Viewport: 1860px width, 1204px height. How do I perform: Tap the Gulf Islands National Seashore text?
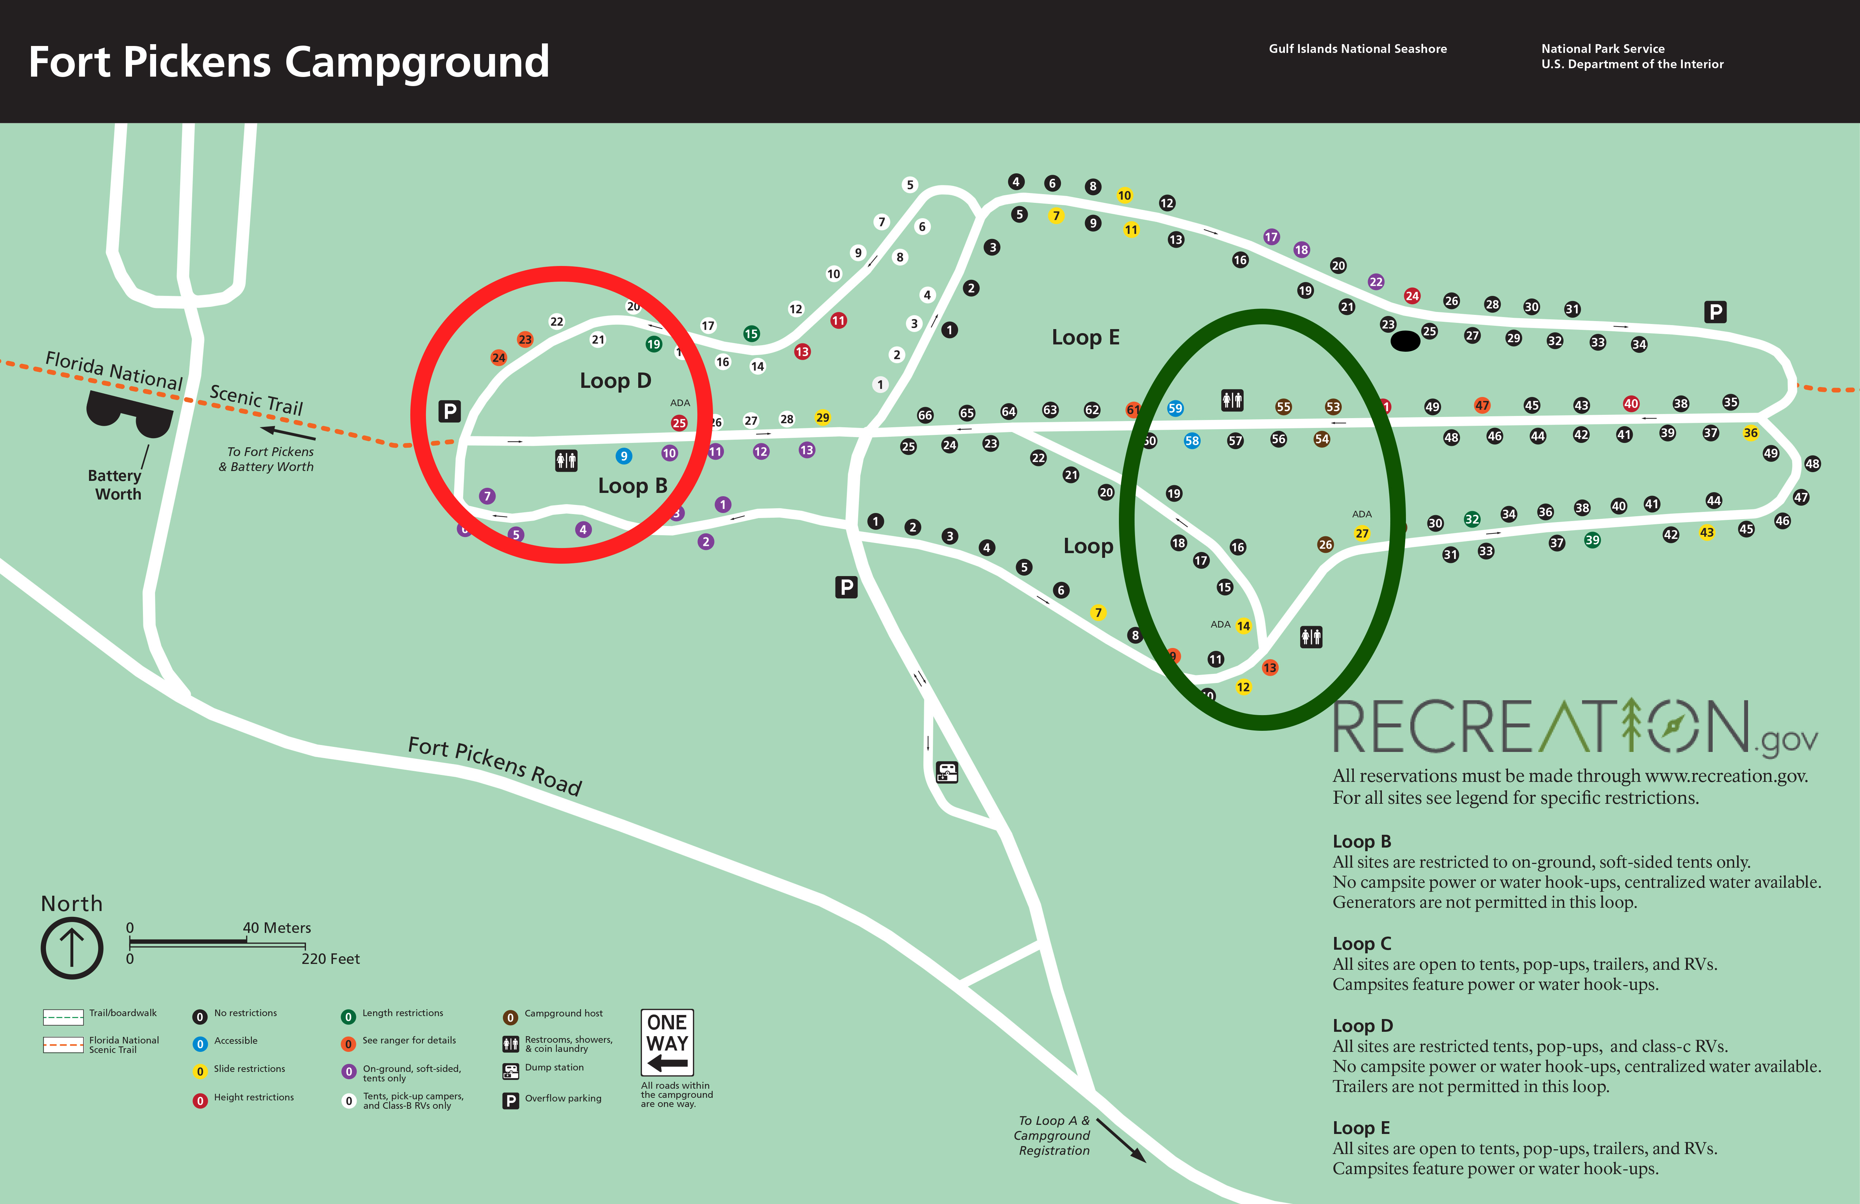coord(1357,49)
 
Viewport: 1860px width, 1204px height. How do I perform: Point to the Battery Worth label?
coord(115,485)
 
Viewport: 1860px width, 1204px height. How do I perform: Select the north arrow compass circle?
coord(72,948)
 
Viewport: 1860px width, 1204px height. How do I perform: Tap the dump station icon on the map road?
coord(946,772)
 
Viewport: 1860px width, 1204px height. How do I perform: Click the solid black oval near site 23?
coord(1404,341)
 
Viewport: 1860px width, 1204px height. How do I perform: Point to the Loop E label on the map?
coord(1085,337)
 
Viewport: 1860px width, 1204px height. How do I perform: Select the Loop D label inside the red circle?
coord(615,381)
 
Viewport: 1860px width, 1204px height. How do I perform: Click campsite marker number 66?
coord(925,415)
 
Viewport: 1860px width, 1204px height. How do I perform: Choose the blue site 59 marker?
coord(1175,408)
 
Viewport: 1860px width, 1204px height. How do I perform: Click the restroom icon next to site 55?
coord(1232,400)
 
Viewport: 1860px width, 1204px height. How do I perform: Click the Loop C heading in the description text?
coord(1361,943)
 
